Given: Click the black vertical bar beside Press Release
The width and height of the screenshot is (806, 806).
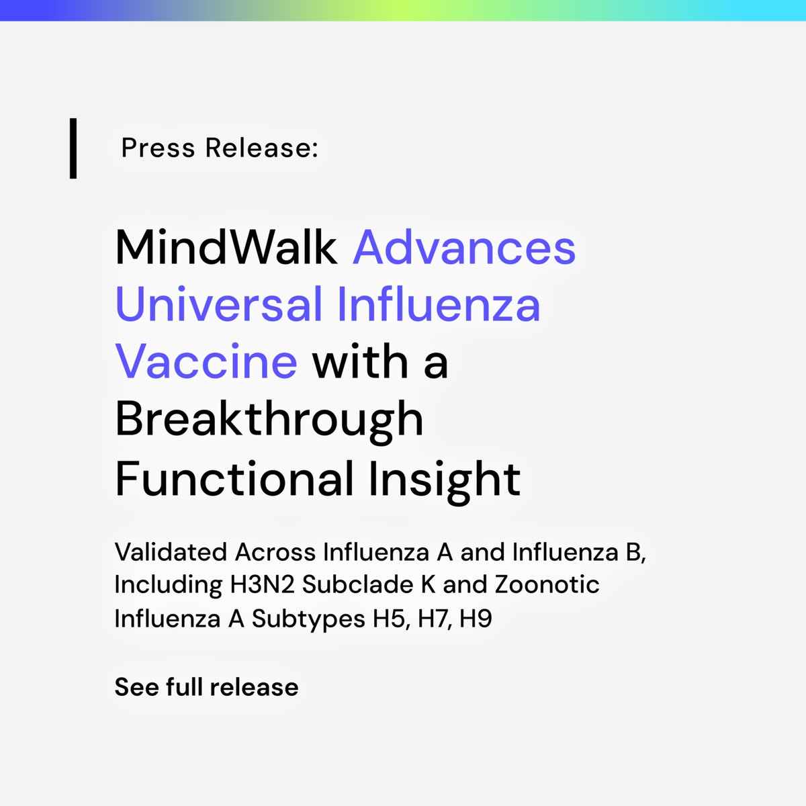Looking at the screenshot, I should tap(73, 148).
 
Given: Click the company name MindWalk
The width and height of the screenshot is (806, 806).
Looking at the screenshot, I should tap(226, 247).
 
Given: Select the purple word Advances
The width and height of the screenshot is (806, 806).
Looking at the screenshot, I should tap(464, 247).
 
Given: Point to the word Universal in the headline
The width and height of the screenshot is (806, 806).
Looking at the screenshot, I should tap(219, 304).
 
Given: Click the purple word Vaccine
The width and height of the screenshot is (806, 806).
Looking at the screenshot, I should tap(206, 361).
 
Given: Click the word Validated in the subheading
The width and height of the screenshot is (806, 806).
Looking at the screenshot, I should tap(171, 552).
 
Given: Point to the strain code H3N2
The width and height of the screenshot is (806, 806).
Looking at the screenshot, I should tap(263, 585).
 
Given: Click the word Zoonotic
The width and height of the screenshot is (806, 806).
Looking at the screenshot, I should tap(547, 585).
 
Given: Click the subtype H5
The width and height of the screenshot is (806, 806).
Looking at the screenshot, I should tap(390, 618).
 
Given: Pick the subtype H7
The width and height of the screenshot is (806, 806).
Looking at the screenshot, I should tap(434, 618).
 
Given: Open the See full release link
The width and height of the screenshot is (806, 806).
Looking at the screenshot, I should tap(206, 687).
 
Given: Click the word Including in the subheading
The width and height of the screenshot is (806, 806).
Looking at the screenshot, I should tap(168, 585).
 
